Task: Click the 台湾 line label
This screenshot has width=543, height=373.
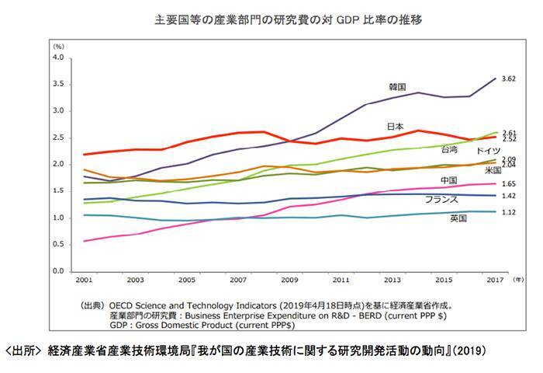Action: [449, 148]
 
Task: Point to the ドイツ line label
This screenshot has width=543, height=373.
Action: [488, 149]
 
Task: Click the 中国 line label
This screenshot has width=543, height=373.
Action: [448, 180]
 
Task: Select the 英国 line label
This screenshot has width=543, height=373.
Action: [458, 219]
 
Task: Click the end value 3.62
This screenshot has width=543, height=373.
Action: [509, 78]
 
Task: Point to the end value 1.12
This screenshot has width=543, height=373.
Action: [509, 212]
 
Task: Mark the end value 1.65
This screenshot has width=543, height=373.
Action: [509, 184]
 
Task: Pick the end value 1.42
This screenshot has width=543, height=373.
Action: [509, 197]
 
